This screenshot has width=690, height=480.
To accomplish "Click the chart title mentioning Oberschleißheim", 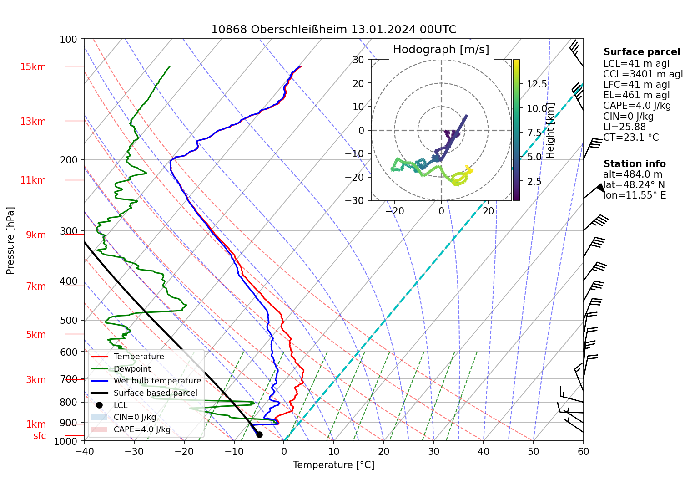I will point(333,30).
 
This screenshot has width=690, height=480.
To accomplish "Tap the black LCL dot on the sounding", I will point(259,434).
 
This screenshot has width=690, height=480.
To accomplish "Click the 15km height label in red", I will point(33,67).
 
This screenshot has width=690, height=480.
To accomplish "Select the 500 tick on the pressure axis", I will point(69,320).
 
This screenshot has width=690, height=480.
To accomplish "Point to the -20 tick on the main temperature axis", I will point(184,451).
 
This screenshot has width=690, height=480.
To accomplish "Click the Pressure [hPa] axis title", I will point(10,240).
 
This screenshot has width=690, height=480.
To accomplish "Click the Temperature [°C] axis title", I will point(333,465).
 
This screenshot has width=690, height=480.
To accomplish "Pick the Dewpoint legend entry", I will point(132,369).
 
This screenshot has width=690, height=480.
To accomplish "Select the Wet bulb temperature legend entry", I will point(157,381).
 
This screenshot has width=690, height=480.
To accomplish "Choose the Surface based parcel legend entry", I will point(155,393).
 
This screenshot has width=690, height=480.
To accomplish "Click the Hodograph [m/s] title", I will point(441,50).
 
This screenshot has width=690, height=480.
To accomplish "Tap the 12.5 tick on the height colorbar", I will point(537,84).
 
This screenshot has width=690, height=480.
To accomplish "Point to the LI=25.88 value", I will point(624,127).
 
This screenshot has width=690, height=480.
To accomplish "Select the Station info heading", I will point(634,164).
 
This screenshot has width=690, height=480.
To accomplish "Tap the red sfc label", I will point(40,436).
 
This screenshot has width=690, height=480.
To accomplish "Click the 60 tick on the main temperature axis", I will point(583,451).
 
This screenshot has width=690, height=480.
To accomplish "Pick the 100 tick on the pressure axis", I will point(69,40).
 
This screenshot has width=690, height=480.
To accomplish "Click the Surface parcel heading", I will point(641,52).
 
